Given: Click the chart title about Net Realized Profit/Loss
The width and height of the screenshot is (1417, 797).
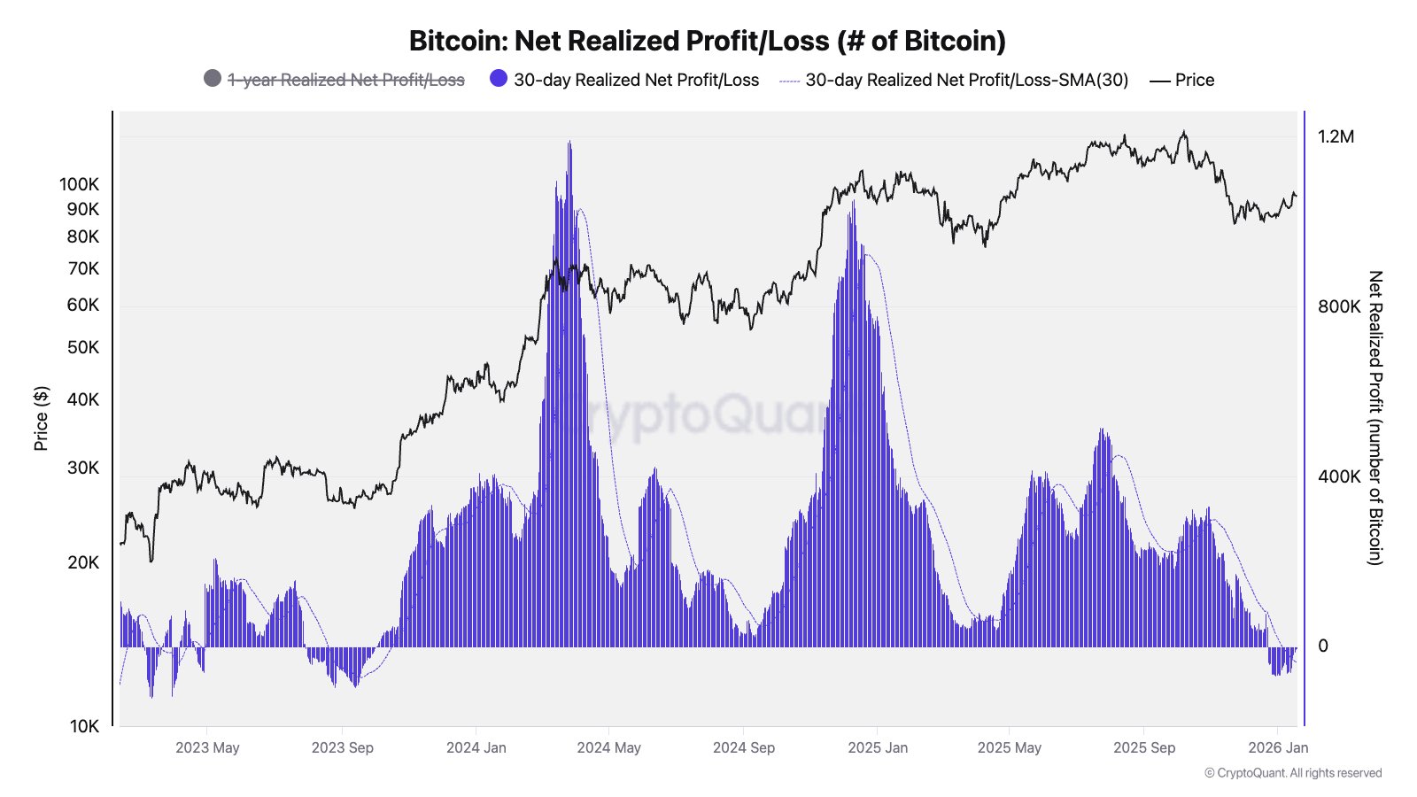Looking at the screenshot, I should point(707,41).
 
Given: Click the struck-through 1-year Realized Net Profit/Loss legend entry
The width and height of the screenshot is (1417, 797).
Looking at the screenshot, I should point(345,80).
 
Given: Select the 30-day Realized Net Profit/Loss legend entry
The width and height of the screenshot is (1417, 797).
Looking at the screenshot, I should point(635,80).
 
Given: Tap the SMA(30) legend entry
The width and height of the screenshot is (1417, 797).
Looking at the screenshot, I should point(966,80).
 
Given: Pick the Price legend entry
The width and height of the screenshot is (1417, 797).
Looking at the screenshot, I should point(1194,80).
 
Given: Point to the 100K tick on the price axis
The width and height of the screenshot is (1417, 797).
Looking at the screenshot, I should point(80,184).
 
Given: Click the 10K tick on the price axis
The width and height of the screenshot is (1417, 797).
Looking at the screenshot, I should point(84,726).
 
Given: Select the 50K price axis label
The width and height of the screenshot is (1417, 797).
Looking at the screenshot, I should point(83,347).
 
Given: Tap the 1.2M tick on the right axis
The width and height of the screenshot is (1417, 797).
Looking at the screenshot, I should point(1336,136).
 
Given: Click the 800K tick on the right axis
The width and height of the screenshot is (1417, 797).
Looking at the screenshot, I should point(1338,306).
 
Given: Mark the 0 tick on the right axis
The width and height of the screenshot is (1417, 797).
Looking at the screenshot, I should point(1323,646).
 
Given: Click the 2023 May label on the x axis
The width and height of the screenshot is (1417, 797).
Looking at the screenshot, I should point(207,747).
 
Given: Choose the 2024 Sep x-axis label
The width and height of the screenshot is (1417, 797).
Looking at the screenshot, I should point(744,747).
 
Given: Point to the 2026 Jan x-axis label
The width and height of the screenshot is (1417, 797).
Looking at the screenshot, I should point(1278,747).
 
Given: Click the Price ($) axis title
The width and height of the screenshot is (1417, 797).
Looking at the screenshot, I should point(41,418).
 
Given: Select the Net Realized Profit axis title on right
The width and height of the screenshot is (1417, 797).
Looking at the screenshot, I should point(1374,418).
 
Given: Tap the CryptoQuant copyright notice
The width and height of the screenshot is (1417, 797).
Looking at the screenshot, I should point(1293,773).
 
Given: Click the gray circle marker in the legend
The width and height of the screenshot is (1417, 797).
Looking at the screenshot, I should point(213,78).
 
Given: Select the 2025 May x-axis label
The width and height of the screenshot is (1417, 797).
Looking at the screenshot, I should point(1010,747).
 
